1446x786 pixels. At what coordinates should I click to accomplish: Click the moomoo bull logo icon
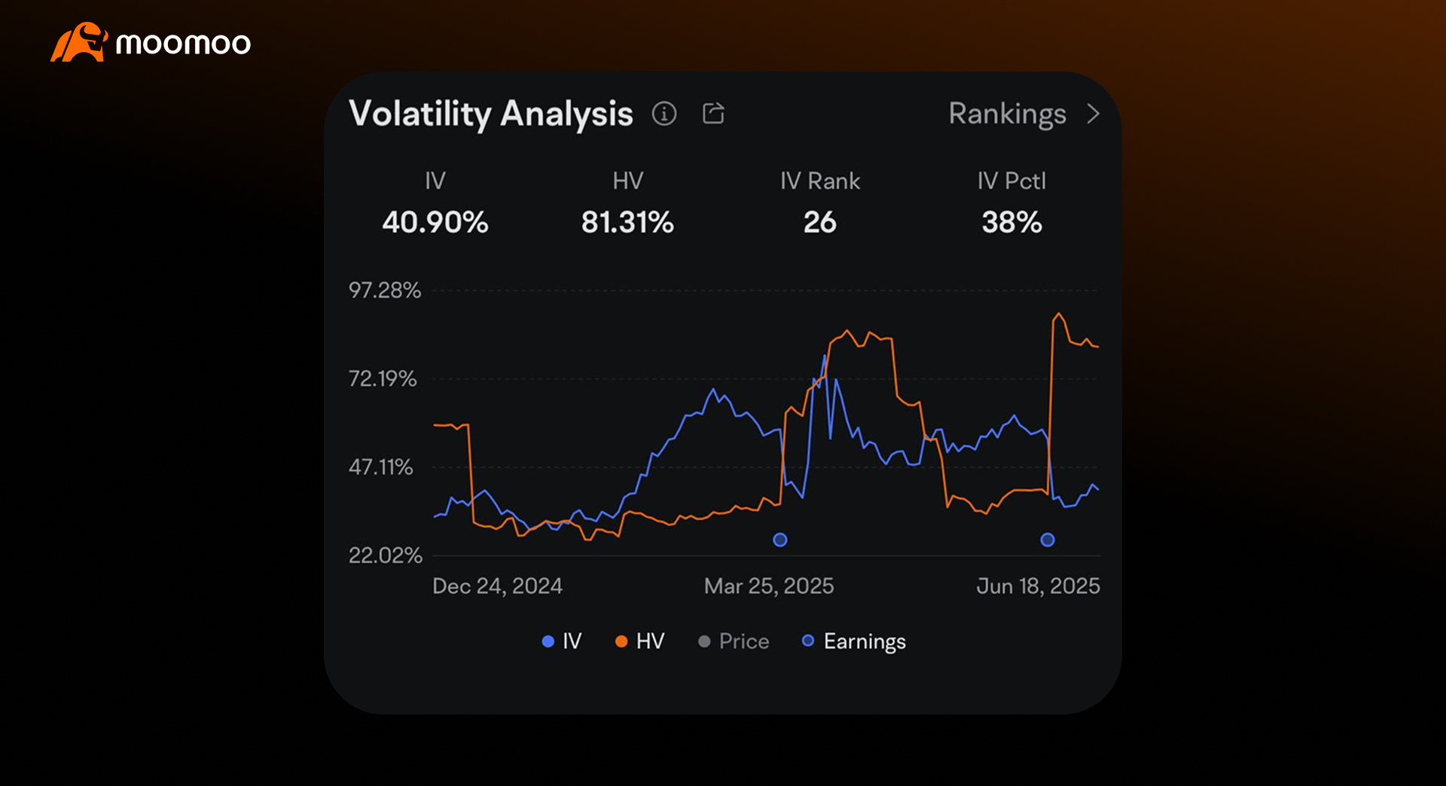click(x=78, y=42)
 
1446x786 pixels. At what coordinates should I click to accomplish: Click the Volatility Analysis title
click(x=490, y=114)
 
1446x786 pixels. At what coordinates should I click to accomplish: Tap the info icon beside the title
click(x=664, y=114)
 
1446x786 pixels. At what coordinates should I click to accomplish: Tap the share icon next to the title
click(x=713, y=113)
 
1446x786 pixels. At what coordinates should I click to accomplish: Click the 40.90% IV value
click(x=435, y=222)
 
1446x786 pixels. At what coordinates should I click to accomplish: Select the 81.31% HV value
click(x=627, y=222)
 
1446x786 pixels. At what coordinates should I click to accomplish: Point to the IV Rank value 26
click(x=819, y=222)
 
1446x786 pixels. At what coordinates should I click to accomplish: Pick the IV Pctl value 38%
click(x=1011, y=222)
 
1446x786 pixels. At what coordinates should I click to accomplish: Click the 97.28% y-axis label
click(x=384, y=290)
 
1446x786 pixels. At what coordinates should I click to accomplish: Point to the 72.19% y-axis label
click(x=382, y=378)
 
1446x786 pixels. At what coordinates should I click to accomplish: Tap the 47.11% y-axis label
click(x=380, y=467)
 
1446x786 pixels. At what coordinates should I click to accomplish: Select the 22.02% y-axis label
click(x=385, y=555)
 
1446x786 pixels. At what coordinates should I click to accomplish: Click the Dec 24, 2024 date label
click(x=497, y=586)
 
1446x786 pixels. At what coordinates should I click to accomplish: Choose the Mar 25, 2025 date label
click(x=768, y=586)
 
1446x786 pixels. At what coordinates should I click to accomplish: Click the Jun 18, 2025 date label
click(x=1038, y=586)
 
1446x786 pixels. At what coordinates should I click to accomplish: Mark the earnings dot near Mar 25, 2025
click(x=780, y=540)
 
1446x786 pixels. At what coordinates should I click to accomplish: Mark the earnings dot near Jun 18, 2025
click(x=1048, y=540)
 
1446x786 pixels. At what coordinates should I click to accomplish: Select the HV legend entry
click(x=640, y=641)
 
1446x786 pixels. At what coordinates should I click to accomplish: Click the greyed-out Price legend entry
click(x=734, y=641)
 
